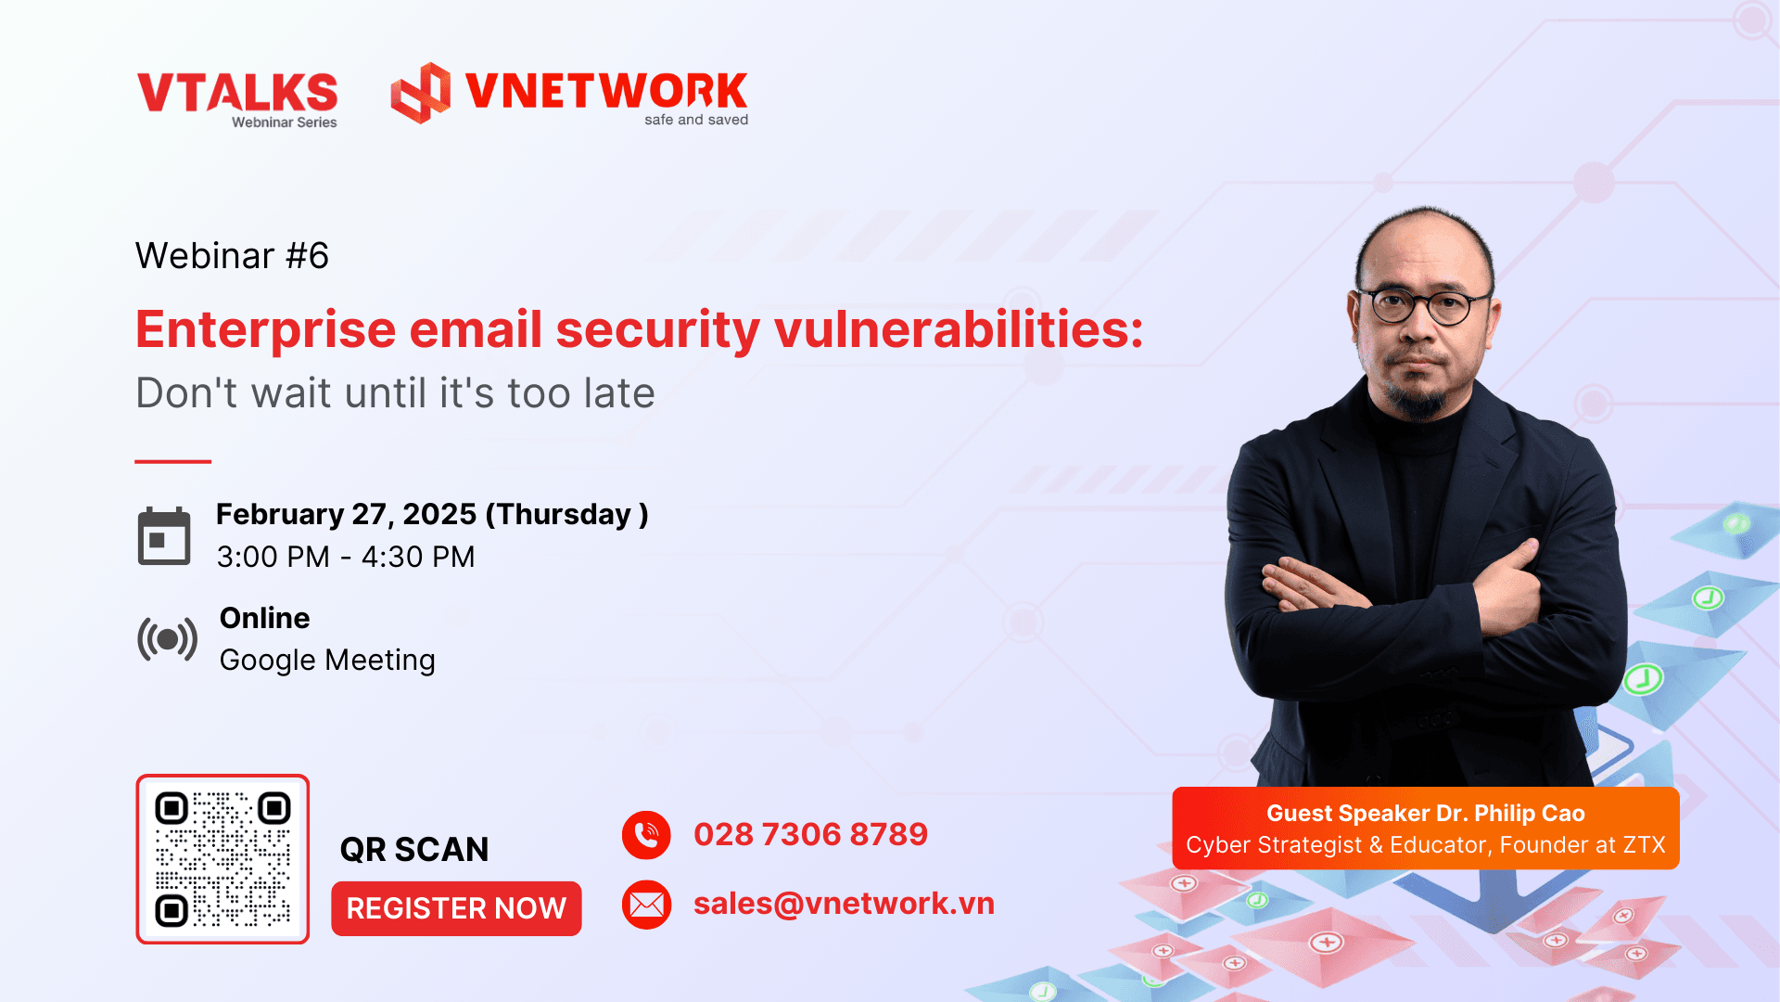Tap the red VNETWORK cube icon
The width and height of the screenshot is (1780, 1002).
[x=420, y=93]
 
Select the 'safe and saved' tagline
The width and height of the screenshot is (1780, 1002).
[x=696, y=120]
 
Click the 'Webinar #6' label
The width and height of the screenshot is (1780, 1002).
[x=232, y=255]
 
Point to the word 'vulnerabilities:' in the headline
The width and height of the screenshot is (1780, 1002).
[x=959, y=329]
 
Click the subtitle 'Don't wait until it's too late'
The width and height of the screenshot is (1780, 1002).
[x=395, y=392]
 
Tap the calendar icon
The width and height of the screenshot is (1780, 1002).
[x=164, y=536]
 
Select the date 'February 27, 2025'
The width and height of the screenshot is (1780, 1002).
[x=346, y=514]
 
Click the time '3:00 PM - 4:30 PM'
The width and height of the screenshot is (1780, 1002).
[x=346, y=557]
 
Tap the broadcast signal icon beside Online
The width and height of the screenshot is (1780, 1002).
[x=167, y=639]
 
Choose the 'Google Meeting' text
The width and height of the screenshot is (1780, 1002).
[x=327, y=660]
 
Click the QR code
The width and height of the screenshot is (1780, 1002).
[x=222, y=859]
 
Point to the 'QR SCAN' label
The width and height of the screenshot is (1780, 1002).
[x=414, y=849]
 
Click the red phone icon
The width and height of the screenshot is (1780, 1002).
[x=646, y=835]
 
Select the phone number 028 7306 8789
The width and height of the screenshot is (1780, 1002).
[x=810, y=834]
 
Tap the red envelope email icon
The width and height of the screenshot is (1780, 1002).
[x=646, y=905]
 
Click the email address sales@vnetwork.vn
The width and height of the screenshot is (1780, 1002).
[x=844, y=904]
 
